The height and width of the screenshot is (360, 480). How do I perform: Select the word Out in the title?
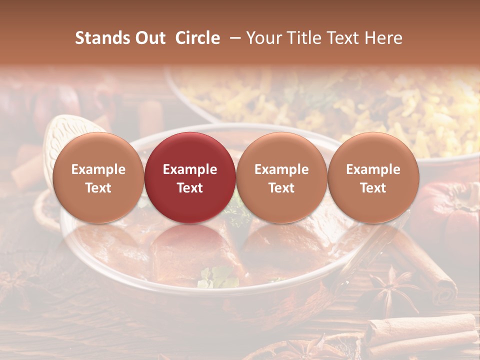pos(148,38)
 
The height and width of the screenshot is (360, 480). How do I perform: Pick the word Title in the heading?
pos(301,38)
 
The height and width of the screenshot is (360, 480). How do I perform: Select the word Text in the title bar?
pos(339,38)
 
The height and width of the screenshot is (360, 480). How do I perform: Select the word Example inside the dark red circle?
pos(190,169)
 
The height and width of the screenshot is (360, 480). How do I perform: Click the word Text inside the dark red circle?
pos(190,188)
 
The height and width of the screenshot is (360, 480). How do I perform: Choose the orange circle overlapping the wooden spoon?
pos(98,177)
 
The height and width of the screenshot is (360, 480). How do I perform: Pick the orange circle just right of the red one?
pos(281,177)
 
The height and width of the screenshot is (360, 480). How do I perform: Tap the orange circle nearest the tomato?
pos(373,177)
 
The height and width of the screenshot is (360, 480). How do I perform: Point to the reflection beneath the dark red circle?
pos(190,250)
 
